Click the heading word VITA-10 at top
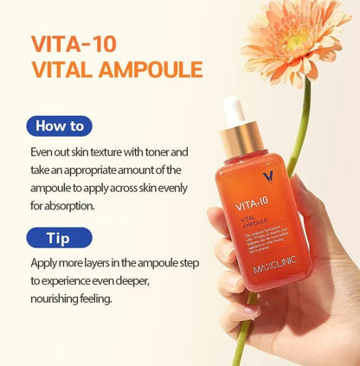click(74, 43)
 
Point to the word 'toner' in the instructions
click(170, 152)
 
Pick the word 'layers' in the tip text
click(106, 262)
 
